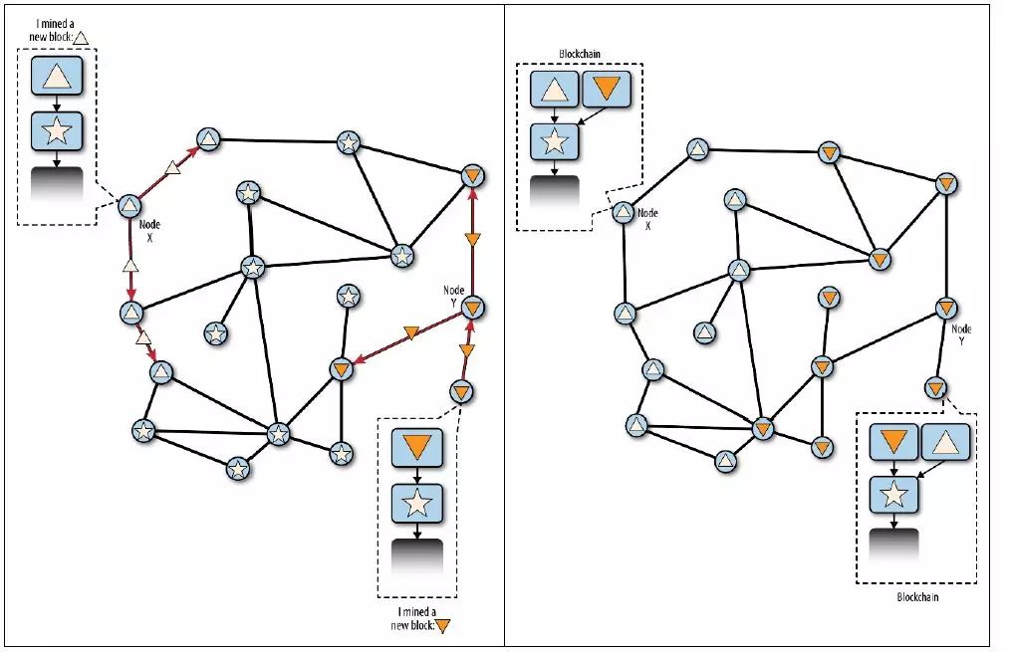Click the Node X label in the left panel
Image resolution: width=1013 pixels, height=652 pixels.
point(150,231)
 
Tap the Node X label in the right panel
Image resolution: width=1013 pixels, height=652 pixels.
point(647,219)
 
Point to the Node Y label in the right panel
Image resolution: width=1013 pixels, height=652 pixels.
point(961,334)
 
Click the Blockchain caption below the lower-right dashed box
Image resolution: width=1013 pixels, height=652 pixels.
point(917,597)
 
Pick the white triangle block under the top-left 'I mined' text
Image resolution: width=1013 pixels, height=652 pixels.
point(57,77)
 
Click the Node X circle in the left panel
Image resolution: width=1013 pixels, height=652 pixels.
point(128,206)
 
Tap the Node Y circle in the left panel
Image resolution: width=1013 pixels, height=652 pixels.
point(473,309)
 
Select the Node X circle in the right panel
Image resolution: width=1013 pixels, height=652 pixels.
point(623,212)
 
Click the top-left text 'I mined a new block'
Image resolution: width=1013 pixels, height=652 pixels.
point(52,29)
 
